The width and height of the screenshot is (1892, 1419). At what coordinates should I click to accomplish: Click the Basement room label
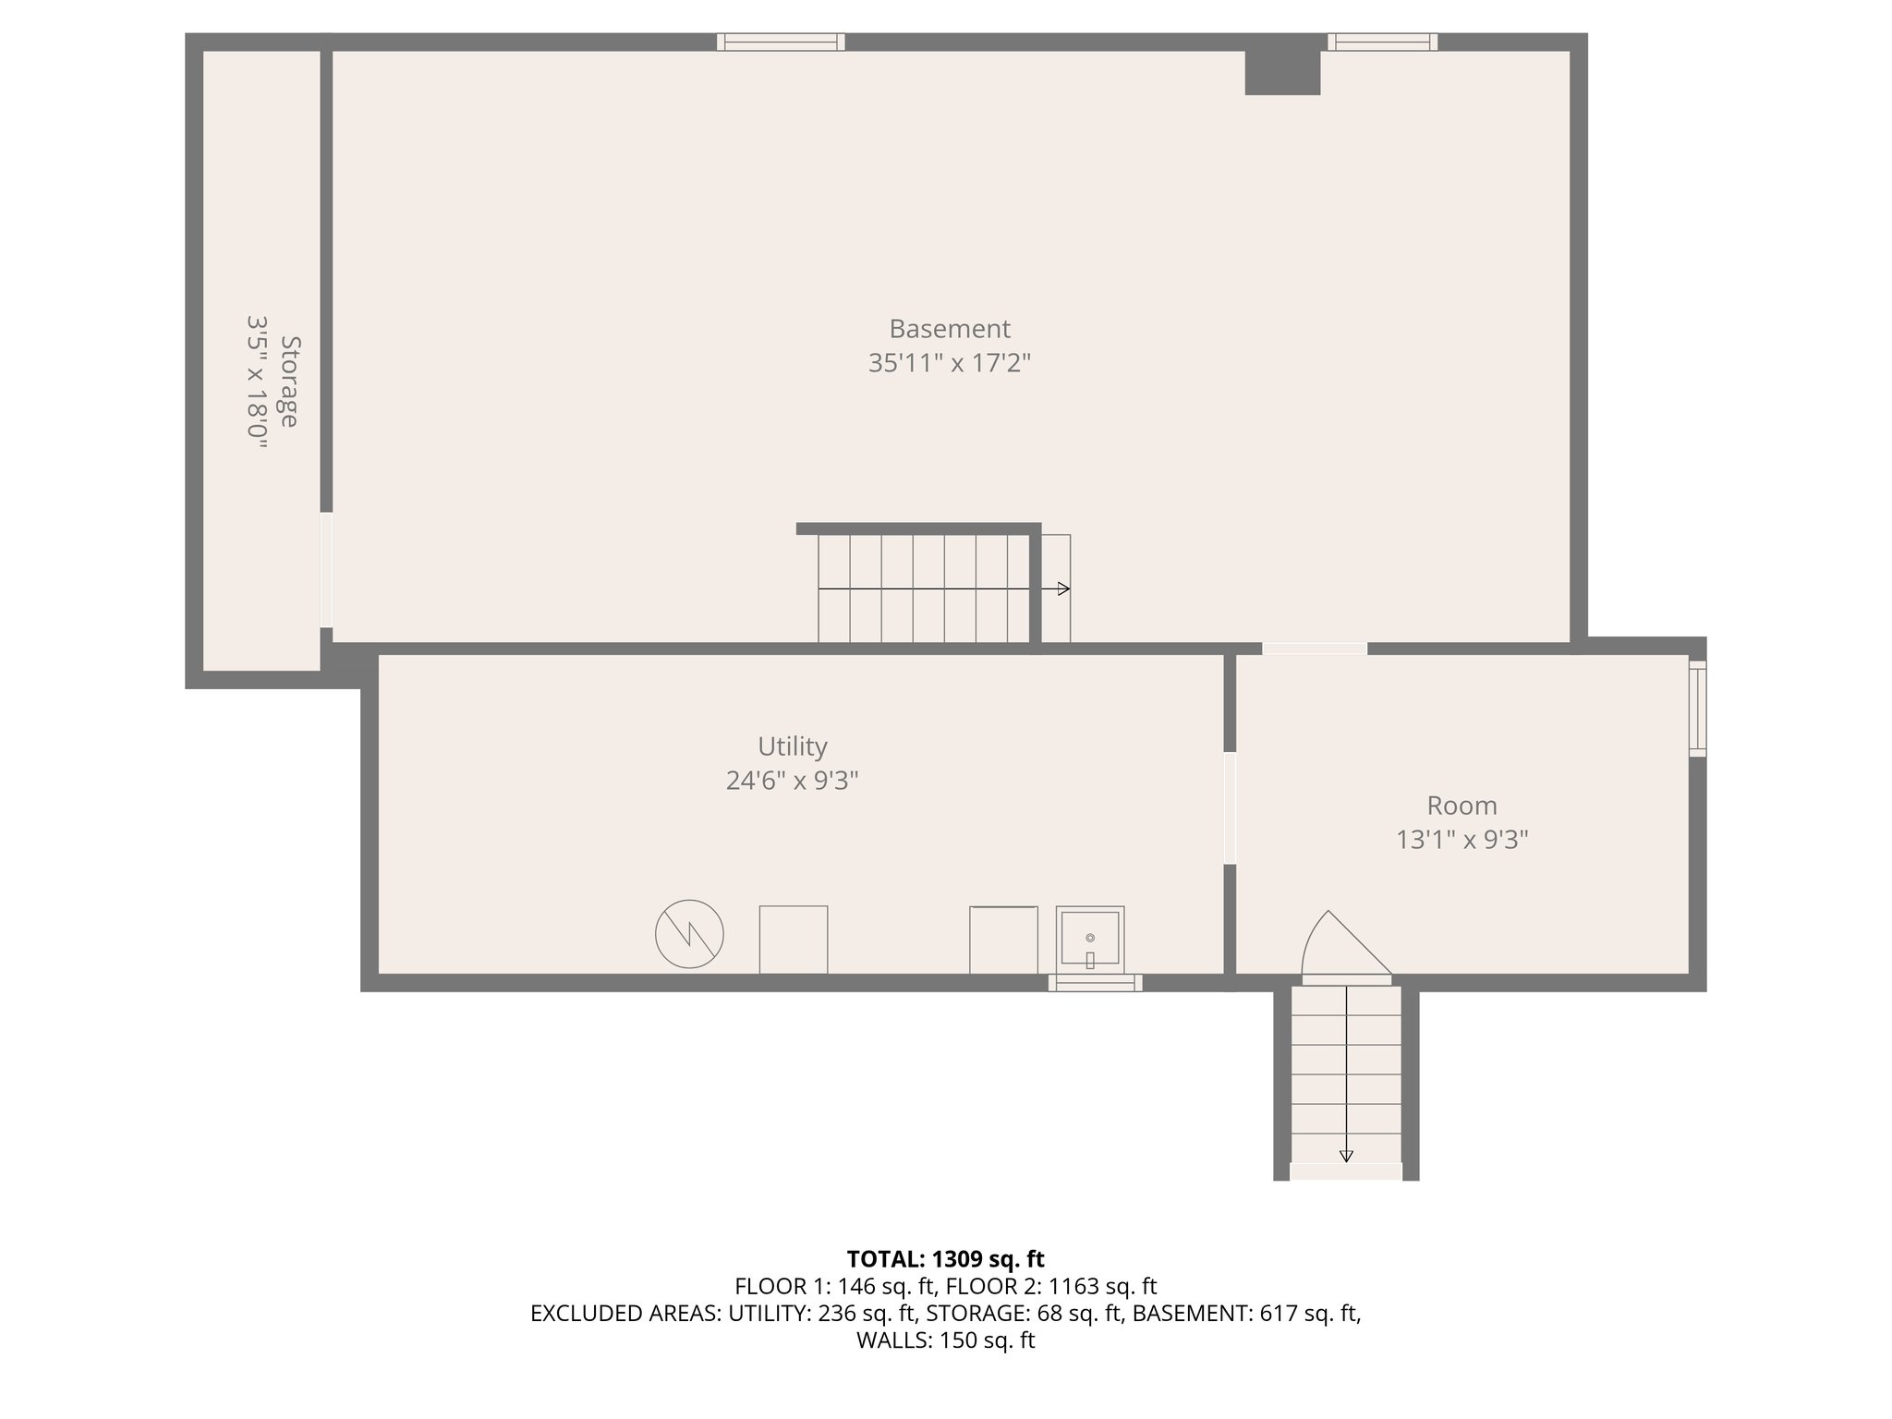click(x=949, y=329)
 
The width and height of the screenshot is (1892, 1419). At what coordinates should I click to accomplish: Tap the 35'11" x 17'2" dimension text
click(x=949, y=363)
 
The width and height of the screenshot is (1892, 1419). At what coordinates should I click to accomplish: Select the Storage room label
click(x=289, y=382)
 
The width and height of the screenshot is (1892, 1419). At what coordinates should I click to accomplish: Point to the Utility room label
click(x=792, y=746)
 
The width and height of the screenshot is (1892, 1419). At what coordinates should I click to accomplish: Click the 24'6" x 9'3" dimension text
click(x=792, y=782)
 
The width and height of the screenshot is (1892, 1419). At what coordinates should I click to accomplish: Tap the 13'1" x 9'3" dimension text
click(x=1461, y=840)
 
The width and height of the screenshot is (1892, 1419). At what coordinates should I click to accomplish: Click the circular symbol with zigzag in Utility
click(x=689, y=934)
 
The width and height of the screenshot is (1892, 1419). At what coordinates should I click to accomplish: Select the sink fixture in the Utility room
click(x=1090, y=939)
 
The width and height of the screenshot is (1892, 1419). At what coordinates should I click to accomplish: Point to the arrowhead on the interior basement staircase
click(x=1064, y=588)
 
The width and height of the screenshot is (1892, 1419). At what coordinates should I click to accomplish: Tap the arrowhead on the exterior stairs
click(x=1346, y=1156)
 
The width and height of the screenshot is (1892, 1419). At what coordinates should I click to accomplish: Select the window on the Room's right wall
click(x=1698, y=709)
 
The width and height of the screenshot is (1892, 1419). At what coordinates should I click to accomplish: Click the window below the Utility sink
click(x=1095, y=983)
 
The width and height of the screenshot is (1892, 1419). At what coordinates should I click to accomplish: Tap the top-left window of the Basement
click(x=781, y=42)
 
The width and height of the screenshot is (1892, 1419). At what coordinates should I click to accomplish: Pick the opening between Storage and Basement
click(x=326, y=570)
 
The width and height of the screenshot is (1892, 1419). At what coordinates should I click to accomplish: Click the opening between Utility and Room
click(x=1230, y=807)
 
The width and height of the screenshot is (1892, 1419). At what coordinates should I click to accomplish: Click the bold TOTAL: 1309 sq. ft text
click(x=945, y=1259)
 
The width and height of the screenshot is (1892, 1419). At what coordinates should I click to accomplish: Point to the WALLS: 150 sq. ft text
click(x=945, y=1340)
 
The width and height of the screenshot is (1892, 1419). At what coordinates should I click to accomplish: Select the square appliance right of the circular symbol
click(x=793, y=939)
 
